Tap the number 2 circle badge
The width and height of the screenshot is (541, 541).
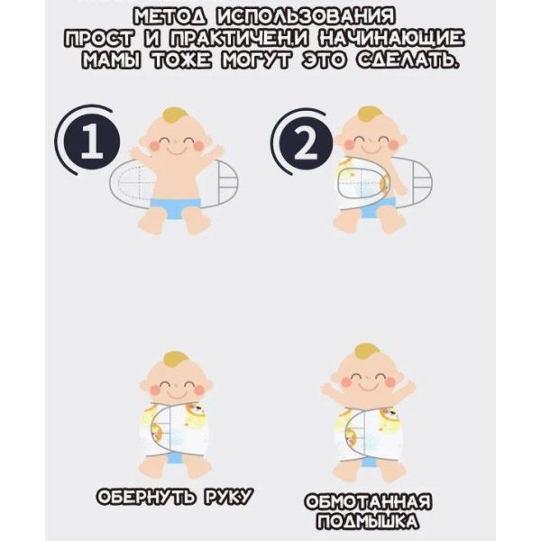tap(306, 143)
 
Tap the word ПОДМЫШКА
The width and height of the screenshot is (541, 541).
tap(368, 522)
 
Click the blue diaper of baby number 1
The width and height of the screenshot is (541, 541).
tap(176, 208)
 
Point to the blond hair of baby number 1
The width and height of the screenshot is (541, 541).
tap(176, 117)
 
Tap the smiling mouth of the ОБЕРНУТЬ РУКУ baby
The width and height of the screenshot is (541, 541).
tap(176, 392)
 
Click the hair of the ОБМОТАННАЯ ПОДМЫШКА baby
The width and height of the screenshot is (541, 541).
tap(368, 353)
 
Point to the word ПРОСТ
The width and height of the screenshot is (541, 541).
tap(98, 40)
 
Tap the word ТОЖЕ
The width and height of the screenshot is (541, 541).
tap(180, 60)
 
